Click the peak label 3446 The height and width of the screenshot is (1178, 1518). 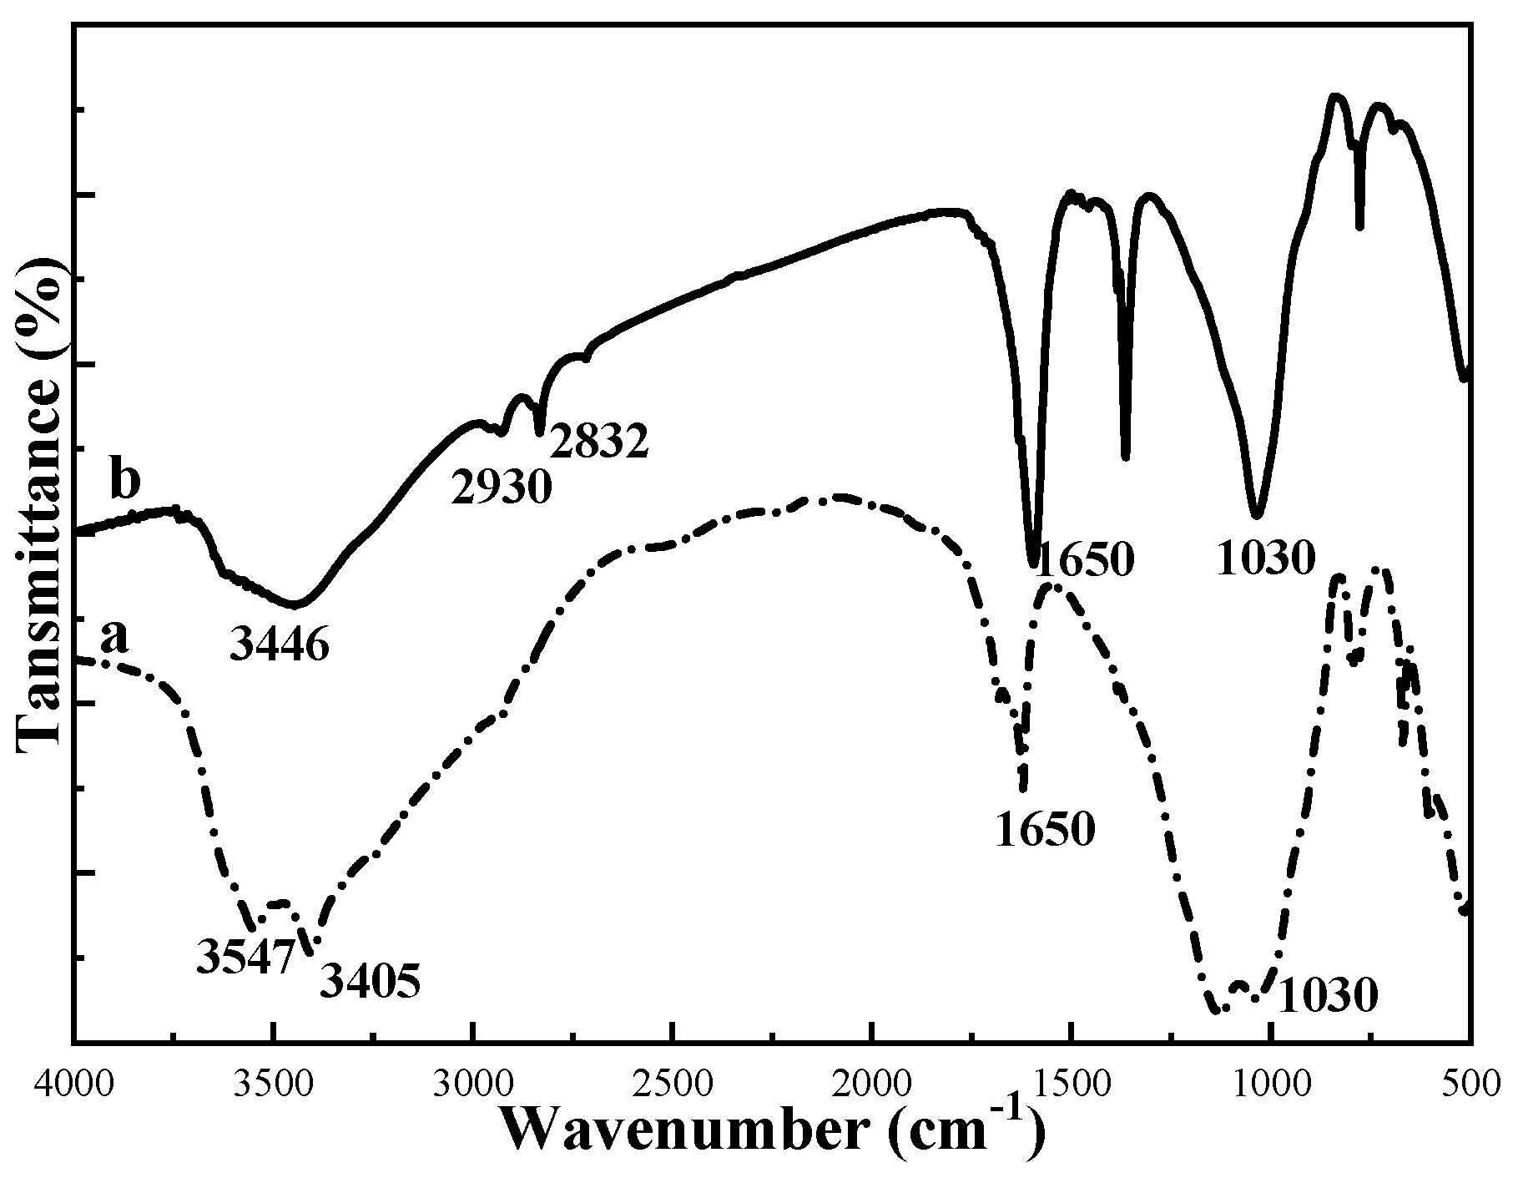(x=280, y=644)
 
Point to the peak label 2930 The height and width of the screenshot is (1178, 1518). (x=502, y=487)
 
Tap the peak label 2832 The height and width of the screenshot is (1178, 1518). (x=598, y=442)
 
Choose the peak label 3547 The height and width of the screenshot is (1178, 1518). (x=246, y=956)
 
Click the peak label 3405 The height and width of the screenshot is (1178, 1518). (x=370, y=982)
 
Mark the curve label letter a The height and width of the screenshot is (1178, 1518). (x=114, y=639)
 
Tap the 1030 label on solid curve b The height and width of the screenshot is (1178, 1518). (x=1265, y=559)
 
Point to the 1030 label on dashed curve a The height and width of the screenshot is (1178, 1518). (x=1327, y=995)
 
